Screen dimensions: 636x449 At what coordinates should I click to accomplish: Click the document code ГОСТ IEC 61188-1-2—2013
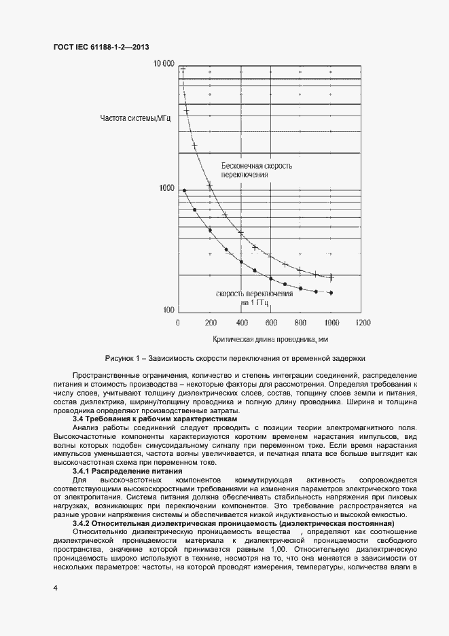[101, 47]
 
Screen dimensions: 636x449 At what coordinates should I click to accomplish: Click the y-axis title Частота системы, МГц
[135, 119]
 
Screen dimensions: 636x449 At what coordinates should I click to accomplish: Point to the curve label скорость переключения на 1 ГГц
[254, 297]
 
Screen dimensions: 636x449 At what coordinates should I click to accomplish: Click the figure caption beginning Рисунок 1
[235, 357]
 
